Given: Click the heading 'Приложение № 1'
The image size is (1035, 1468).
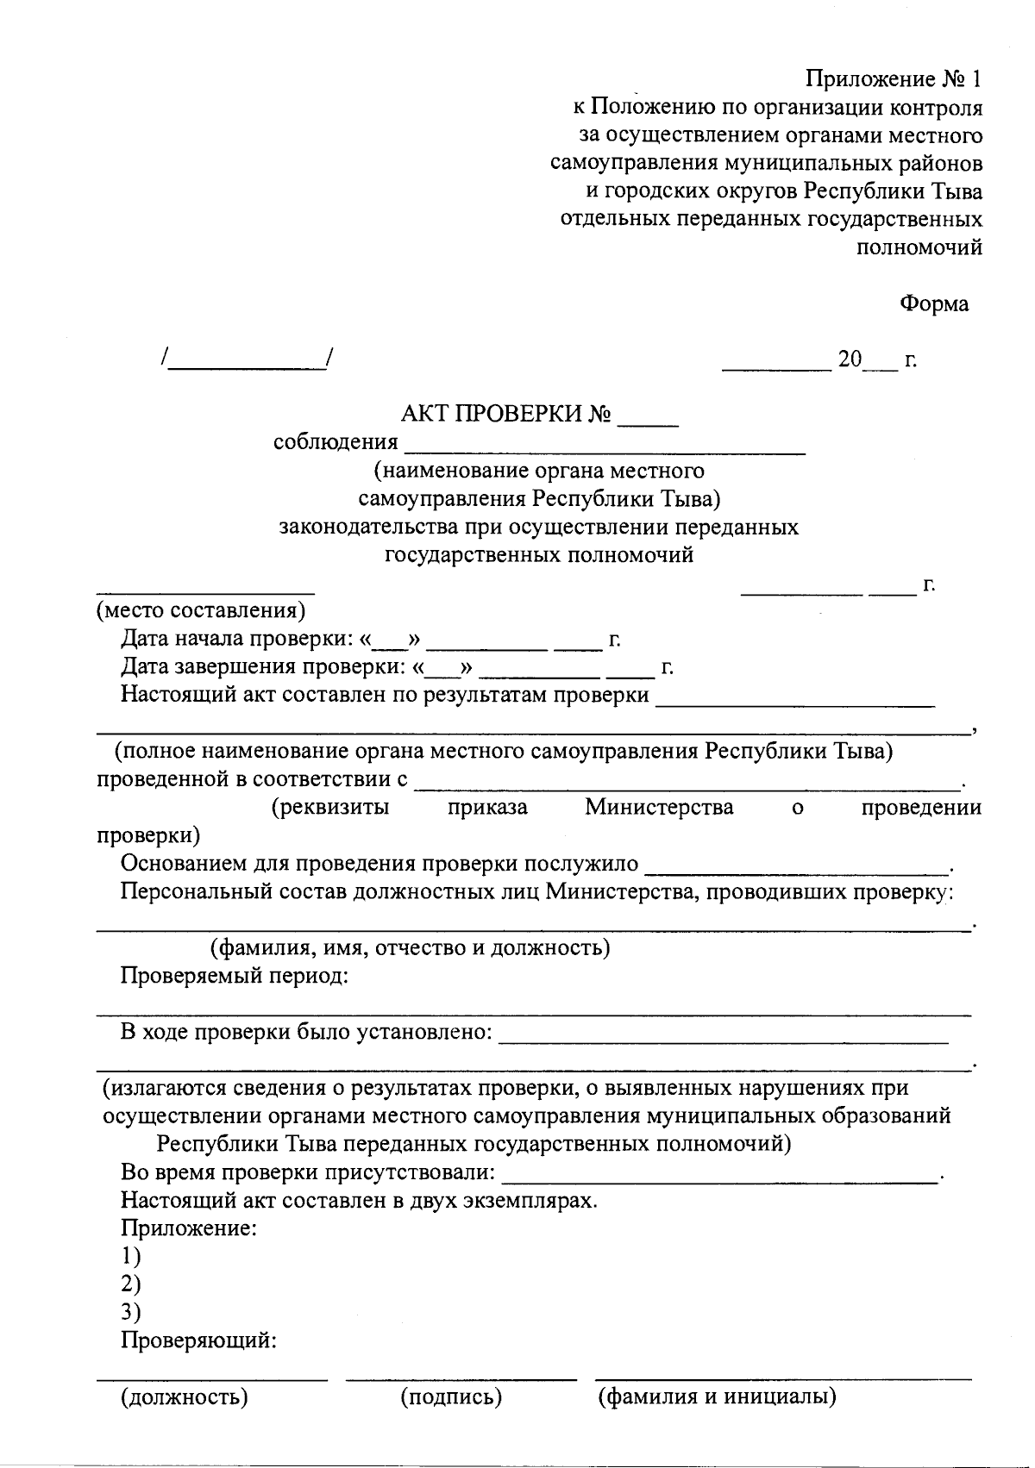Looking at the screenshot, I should pos(894,79).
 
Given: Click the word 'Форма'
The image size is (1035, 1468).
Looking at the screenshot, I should pos(934,303).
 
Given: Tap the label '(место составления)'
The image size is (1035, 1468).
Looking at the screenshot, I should pos(200,610).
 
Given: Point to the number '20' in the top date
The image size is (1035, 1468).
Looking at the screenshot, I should pos(850,359).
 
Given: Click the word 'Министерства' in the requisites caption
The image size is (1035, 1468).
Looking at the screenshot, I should pos(659,807).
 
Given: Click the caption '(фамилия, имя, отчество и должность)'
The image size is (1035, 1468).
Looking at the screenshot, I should pos(411,947).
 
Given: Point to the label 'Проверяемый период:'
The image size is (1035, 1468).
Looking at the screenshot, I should pos(234,976).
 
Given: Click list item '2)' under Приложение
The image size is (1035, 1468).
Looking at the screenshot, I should pos(130,1284).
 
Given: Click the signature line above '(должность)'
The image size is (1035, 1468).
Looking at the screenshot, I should pos(211,1378).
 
